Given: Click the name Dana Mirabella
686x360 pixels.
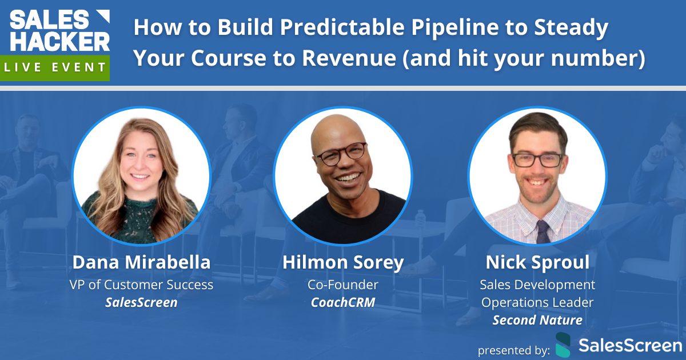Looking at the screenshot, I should coord(141,263).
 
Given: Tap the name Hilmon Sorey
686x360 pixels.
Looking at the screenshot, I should coord(343,263).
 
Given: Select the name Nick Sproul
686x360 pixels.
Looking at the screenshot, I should coord(537,263).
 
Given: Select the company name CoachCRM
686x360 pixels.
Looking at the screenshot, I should coord(343,302).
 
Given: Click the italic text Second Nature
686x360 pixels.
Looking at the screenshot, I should coord(537,320).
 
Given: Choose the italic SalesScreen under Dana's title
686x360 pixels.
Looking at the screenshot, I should coord(141,302).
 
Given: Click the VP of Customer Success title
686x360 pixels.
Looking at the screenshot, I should coord(141,284).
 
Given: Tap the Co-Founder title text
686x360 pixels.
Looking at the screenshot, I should coord(343,284).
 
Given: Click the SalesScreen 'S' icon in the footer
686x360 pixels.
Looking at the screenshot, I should coord(563,345).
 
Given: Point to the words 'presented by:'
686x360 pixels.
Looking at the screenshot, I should coord(514,349).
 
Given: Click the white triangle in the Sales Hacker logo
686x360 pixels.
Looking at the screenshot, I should coord(102,17).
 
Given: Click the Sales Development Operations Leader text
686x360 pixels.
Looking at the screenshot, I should coord(537,293).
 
